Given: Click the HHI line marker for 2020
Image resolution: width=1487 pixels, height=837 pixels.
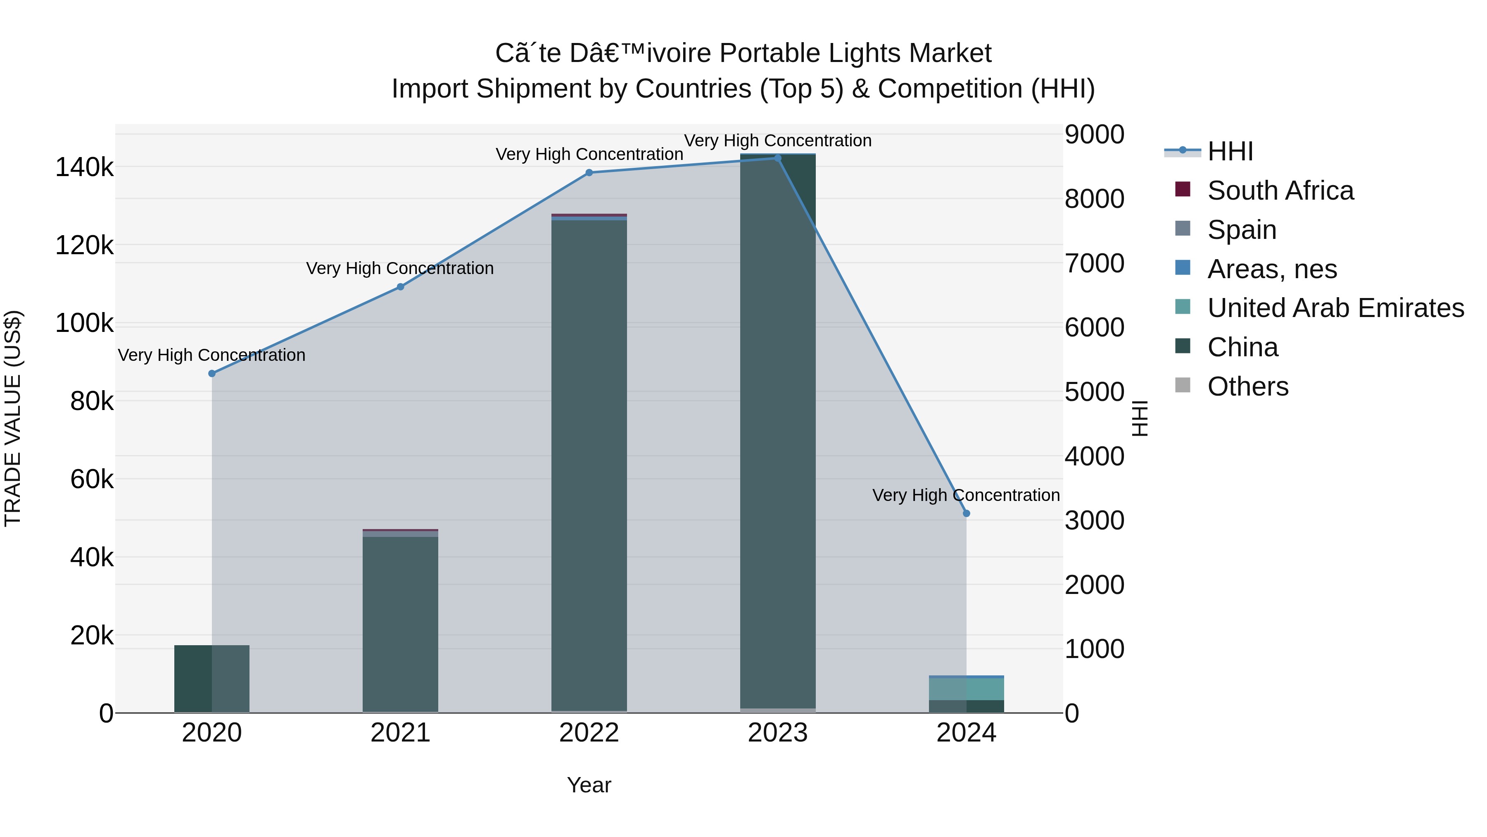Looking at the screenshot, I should (x=212, y=374).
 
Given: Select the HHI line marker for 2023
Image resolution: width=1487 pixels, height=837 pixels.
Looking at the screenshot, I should (x=777, y=158).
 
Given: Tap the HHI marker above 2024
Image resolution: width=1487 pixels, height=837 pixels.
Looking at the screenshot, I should (x=966, y=513).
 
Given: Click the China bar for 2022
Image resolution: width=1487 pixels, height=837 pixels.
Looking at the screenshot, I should (x=589, y=462).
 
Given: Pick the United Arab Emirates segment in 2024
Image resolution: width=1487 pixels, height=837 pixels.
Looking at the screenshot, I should (x=966, y=689).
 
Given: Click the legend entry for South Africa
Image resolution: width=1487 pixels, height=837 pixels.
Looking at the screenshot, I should (x=1280, y=191).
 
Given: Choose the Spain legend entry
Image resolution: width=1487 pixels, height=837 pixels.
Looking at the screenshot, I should (x=1241, y=230).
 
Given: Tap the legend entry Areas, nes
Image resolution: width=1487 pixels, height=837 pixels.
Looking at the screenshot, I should (x=1272, y=269).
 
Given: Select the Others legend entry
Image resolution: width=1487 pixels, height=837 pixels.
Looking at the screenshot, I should (x=1247, y=386).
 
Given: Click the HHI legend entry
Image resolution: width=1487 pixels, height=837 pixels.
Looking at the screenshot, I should (x=1230, y=151).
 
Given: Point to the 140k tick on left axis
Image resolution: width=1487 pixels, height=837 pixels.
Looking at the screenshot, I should (x=84, y=167).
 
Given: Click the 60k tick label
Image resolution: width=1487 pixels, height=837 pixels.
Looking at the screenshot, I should (x=92, y=479).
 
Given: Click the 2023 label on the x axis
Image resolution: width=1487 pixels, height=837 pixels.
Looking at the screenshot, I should (x=777, y=733).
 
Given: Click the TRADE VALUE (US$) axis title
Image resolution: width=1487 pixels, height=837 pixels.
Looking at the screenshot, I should (x=13, y=418).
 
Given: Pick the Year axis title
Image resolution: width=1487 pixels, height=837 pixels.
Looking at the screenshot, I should (x=589, y=785).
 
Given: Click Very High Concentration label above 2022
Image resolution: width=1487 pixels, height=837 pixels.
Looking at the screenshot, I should (x=589, y=154).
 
